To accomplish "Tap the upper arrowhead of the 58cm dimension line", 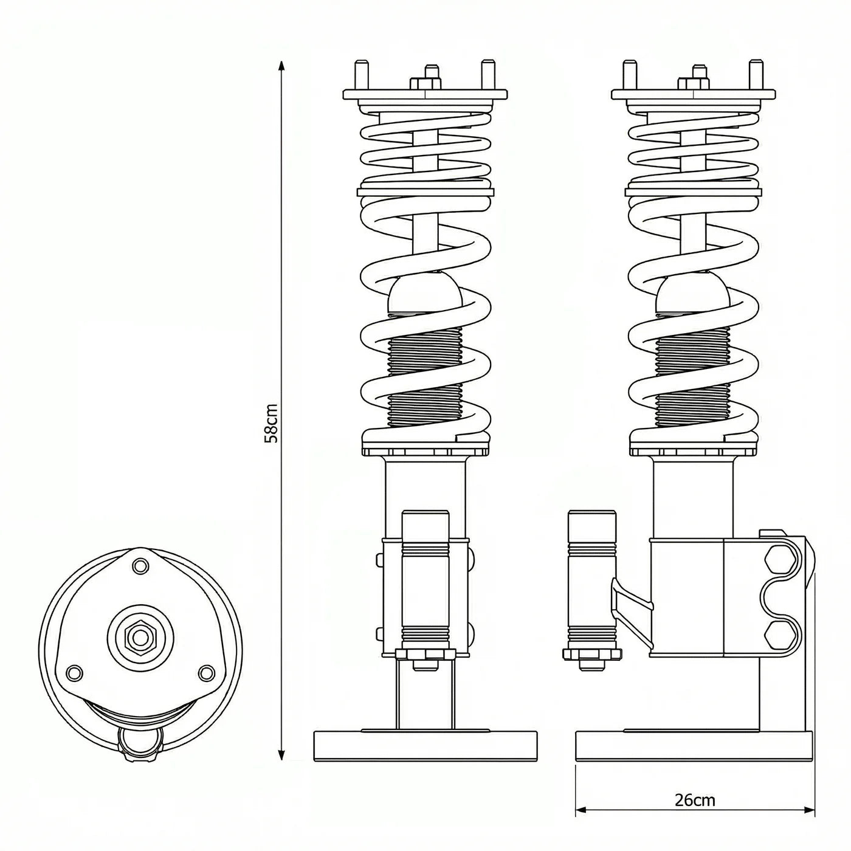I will [281, 66].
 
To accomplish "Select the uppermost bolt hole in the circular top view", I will [141, 567].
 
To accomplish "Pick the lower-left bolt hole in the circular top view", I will [74, 672].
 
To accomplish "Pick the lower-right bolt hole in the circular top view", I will [207, 672].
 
